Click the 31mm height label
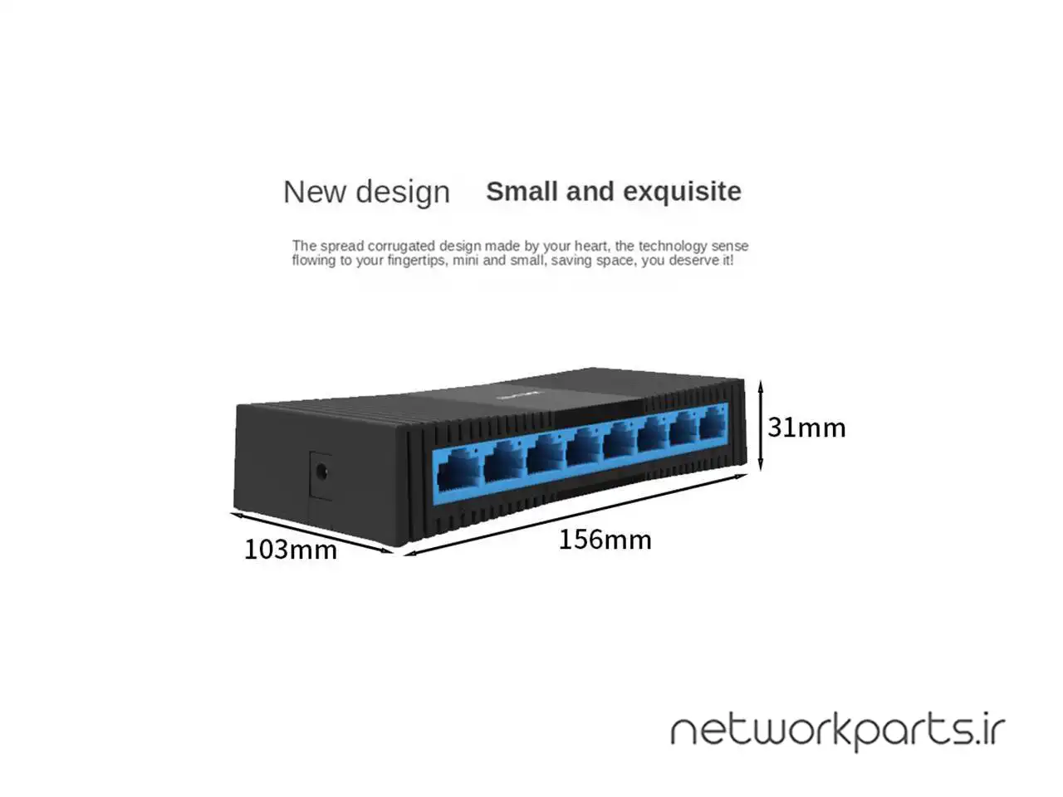click(x=806, y=428)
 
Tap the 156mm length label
click(x=605, y=540)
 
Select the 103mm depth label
click(x=290, y=550)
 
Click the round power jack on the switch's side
click(x=321, y=472)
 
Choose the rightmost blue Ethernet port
click(x=713, y=424)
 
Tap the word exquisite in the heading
click(x=682, y=192)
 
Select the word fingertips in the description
click(x=415, y=261)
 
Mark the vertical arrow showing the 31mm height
click(x=761, y=425)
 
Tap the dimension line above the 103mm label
click(x=312, y=532)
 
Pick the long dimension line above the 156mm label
click(x=576, y=516)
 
